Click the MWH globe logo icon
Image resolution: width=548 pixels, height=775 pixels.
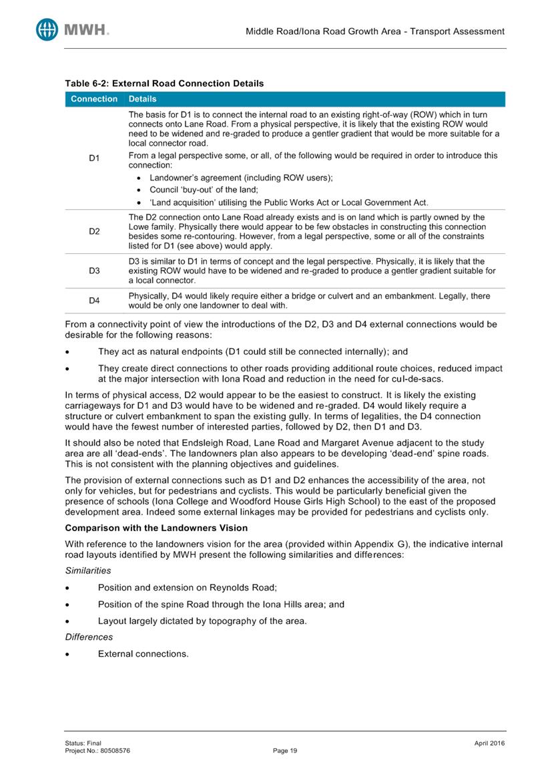pos(47,29)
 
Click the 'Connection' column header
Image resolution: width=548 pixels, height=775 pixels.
pos(90,99)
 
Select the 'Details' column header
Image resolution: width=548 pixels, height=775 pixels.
pos(142,99)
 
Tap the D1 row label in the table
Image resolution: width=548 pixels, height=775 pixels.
pos(94,158)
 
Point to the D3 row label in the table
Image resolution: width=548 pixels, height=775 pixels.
pos(94,271)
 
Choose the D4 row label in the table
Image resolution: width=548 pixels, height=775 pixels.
pos(94,301)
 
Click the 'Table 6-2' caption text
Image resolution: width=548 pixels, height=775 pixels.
pos(164,84)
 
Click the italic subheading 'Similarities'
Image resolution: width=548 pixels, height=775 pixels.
pos(89,572)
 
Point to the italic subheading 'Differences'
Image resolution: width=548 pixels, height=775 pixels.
pos(89,637)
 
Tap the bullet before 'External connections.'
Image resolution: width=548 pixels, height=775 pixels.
pos(67,654)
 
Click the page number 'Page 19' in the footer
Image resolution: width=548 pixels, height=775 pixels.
pos(285,751)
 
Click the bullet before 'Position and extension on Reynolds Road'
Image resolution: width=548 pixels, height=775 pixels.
pos(67,588)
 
